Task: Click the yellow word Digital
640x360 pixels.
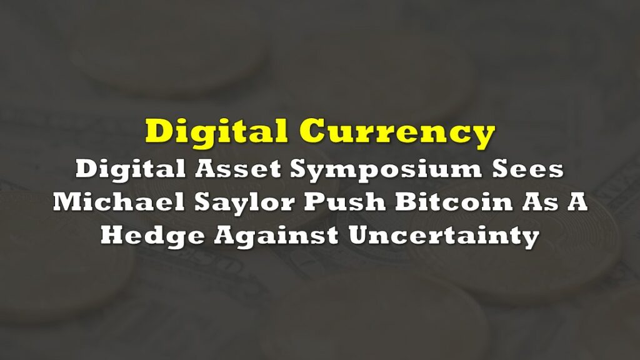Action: click(216, 132)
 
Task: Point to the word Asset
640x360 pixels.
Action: click(238, 169)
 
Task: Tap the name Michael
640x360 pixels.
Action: click(119, 202)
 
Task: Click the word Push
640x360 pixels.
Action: click(344, 202)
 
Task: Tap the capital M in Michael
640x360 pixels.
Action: click(67, 202)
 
